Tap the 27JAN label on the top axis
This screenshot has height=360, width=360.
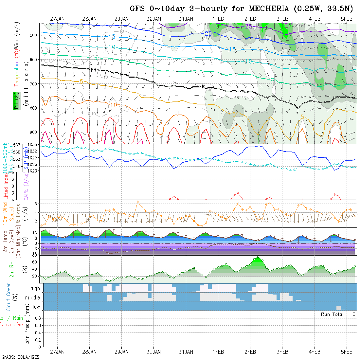pos(57,19)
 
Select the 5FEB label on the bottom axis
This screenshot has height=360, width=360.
pos(346,352)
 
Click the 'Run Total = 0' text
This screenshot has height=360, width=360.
pos(338,314)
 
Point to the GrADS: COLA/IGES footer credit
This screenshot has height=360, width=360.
pos(20,357)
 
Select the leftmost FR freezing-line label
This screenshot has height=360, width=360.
pos(94,70)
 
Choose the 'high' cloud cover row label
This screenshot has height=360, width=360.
pos(35,288)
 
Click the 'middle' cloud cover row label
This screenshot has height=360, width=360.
pos(33,298)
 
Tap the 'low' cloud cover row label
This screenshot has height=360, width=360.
pos(36,307)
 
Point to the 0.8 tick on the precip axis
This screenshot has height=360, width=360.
pos(37,318)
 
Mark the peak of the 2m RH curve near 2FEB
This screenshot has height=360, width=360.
pos(258,257)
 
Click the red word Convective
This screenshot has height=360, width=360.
pos(11,325)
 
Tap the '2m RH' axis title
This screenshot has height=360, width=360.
pos(11,269)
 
